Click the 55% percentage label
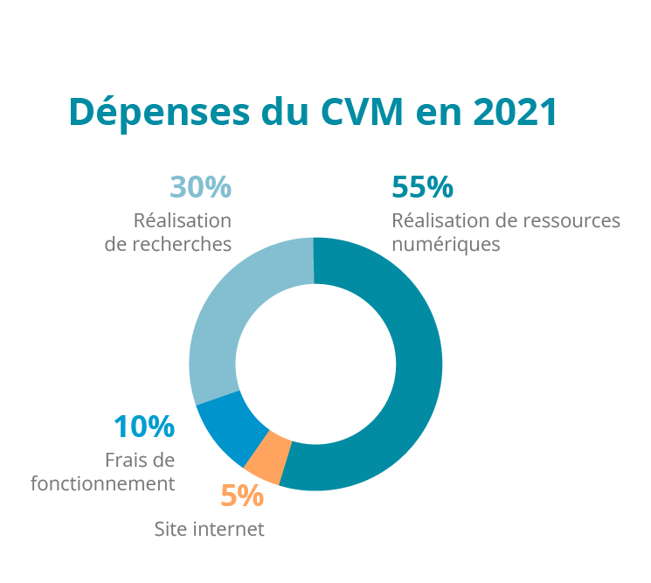point(423,187)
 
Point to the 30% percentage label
point(200,187)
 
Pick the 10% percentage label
point(144,427)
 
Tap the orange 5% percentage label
point(242,496)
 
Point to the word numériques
point(446,243)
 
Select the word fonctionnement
point(103,482)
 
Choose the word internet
point(228,529)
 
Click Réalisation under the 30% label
point(182,220)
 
